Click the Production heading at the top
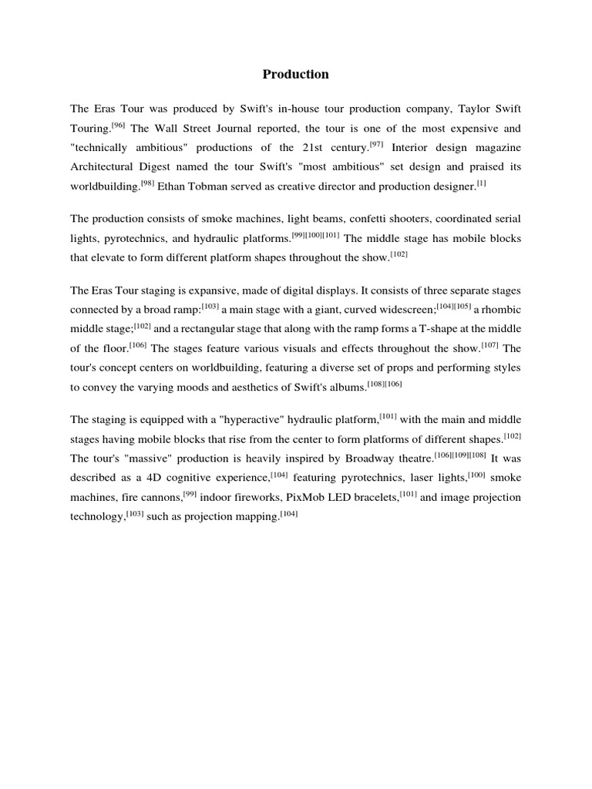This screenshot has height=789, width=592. point(295,75)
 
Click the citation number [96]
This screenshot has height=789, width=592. point(119,124)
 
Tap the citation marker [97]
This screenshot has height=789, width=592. point(376,144)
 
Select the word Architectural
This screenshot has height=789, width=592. point(103,167)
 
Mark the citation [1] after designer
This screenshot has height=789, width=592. point(481,183)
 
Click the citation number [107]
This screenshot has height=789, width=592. point(490,345)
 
